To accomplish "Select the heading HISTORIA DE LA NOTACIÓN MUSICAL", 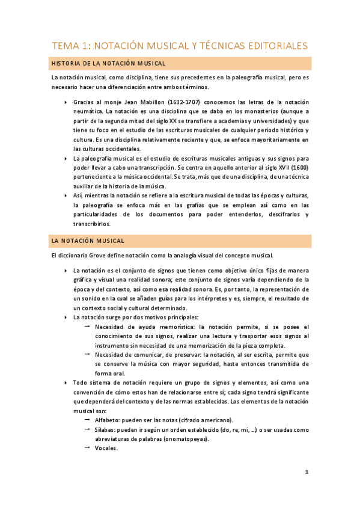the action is [109, 63].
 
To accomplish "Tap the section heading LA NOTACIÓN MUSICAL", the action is [88, 241].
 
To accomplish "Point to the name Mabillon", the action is [154, 102].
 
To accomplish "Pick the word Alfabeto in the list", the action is [108, 420].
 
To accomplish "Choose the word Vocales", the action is [106, 448].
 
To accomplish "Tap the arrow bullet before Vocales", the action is [87, 448].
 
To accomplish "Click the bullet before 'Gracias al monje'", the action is [66, 102].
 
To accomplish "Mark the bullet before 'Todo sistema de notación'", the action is [66, 382].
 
